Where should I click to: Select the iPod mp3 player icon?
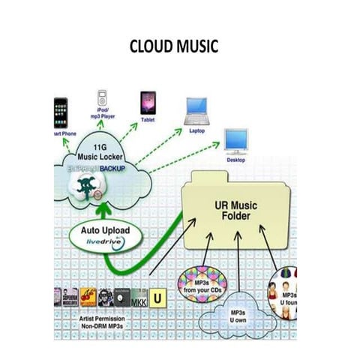pos(102,97)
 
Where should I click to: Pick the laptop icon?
pos(198,111)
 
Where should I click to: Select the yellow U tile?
pos(158,298)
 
